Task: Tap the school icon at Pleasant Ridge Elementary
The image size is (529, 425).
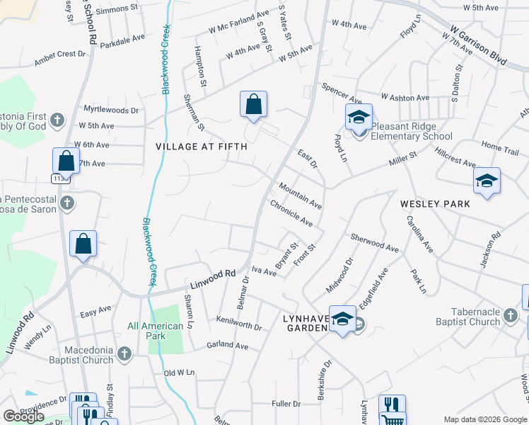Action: [x=359, y=117]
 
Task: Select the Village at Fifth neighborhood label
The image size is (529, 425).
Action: [x=202, y=147]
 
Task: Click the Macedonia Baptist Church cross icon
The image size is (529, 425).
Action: [x=124, y=353]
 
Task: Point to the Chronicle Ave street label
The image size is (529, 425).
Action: [x=291, y=212]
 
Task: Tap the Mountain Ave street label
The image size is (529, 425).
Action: [x=300, y=195]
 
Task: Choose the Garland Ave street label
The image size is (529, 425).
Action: [x=227, y=346]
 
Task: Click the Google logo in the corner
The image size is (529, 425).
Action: [x=24, y=416]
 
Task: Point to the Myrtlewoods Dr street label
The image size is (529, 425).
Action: [x=111, y=110]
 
